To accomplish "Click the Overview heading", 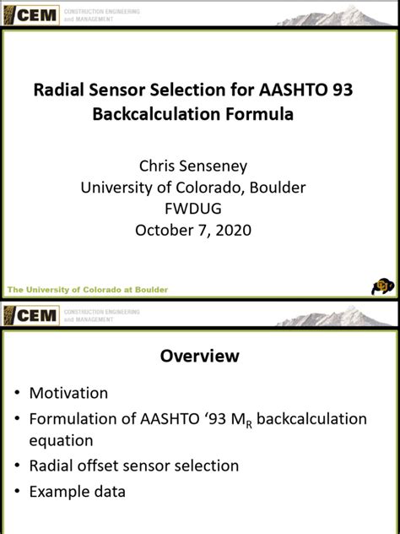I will [200, 357].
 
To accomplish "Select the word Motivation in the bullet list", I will [69, 393].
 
